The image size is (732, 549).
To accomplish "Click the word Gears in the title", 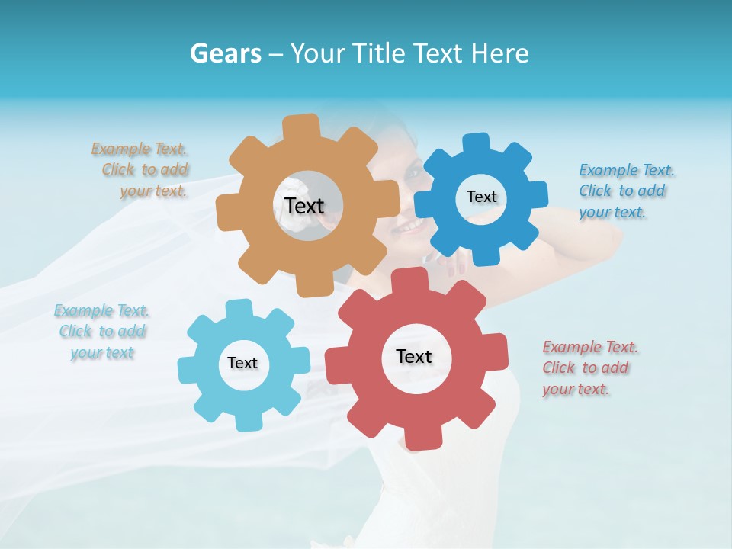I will coord(225,53).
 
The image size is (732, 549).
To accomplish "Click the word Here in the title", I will coord(499,53).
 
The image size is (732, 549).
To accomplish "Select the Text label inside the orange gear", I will coord(304,206).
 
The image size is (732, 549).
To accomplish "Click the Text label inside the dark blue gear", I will coord(481,197).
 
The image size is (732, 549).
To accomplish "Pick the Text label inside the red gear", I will coord(414,356).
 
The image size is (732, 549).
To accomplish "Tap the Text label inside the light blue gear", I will coord(242,363).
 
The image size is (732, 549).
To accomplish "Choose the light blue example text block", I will coord(101,332).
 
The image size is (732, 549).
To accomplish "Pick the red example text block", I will coord(589,368).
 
